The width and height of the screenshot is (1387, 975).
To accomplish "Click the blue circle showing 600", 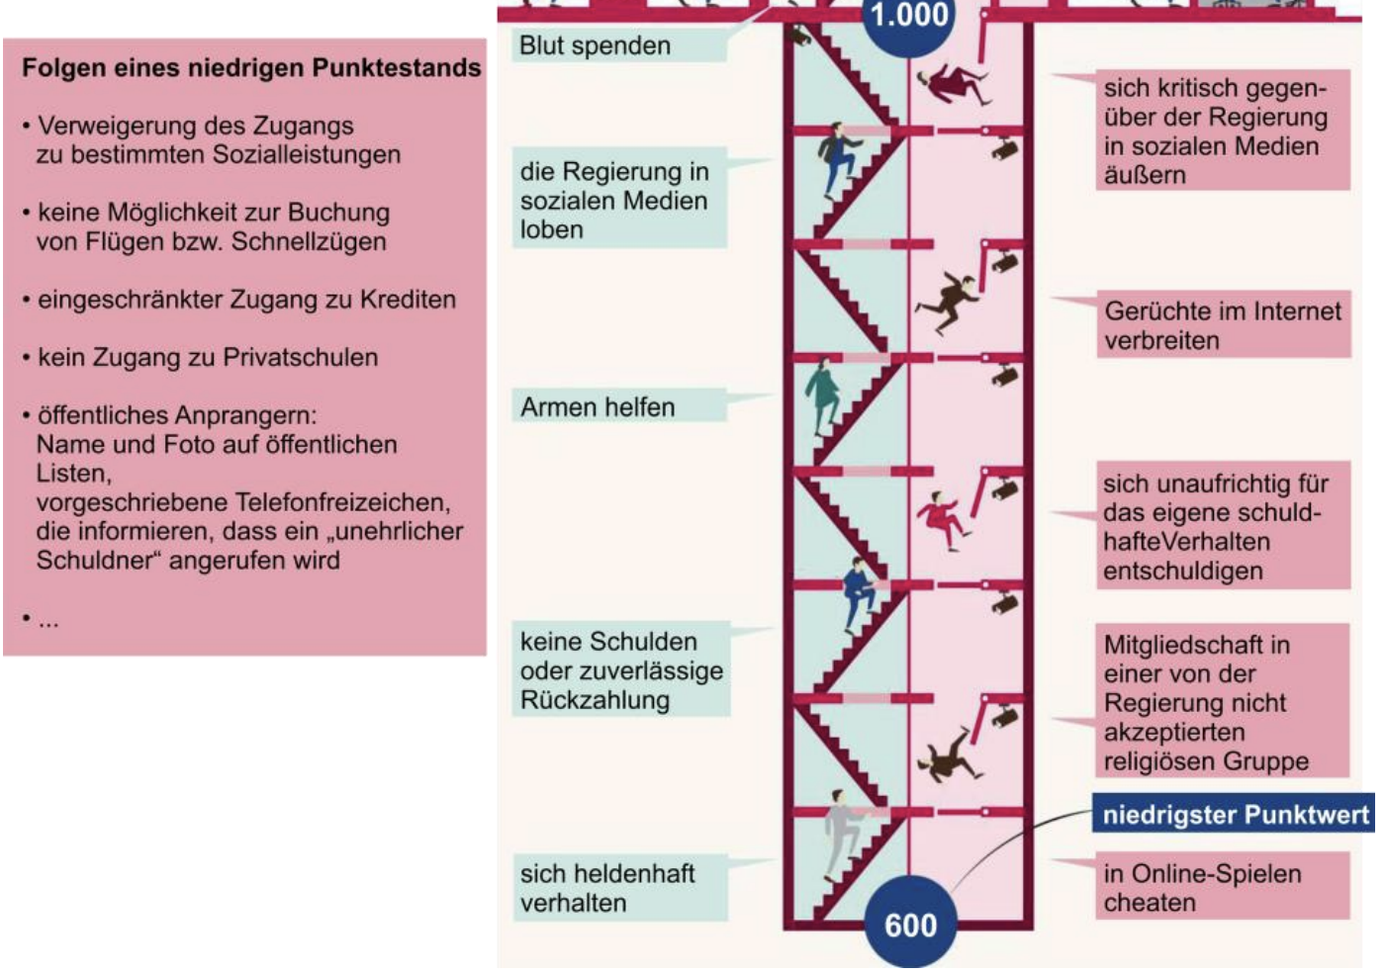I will coord(910,922).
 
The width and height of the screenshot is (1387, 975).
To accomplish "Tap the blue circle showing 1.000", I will coord(910,20).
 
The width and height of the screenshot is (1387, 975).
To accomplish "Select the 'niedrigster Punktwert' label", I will coord(1235,814).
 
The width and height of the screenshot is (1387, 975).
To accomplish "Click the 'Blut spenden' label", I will coord(596,45).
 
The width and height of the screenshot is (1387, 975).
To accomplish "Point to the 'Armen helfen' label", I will coord(599,406).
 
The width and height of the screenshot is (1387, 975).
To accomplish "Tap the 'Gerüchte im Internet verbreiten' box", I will coord(1223,325).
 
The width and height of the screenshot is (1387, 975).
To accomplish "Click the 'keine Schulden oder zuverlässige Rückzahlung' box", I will coord(621,670).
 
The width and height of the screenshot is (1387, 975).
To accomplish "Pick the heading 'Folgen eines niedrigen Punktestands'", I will coord(251,67).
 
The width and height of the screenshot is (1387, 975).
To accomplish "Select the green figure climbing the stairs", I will coord(821,396).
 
